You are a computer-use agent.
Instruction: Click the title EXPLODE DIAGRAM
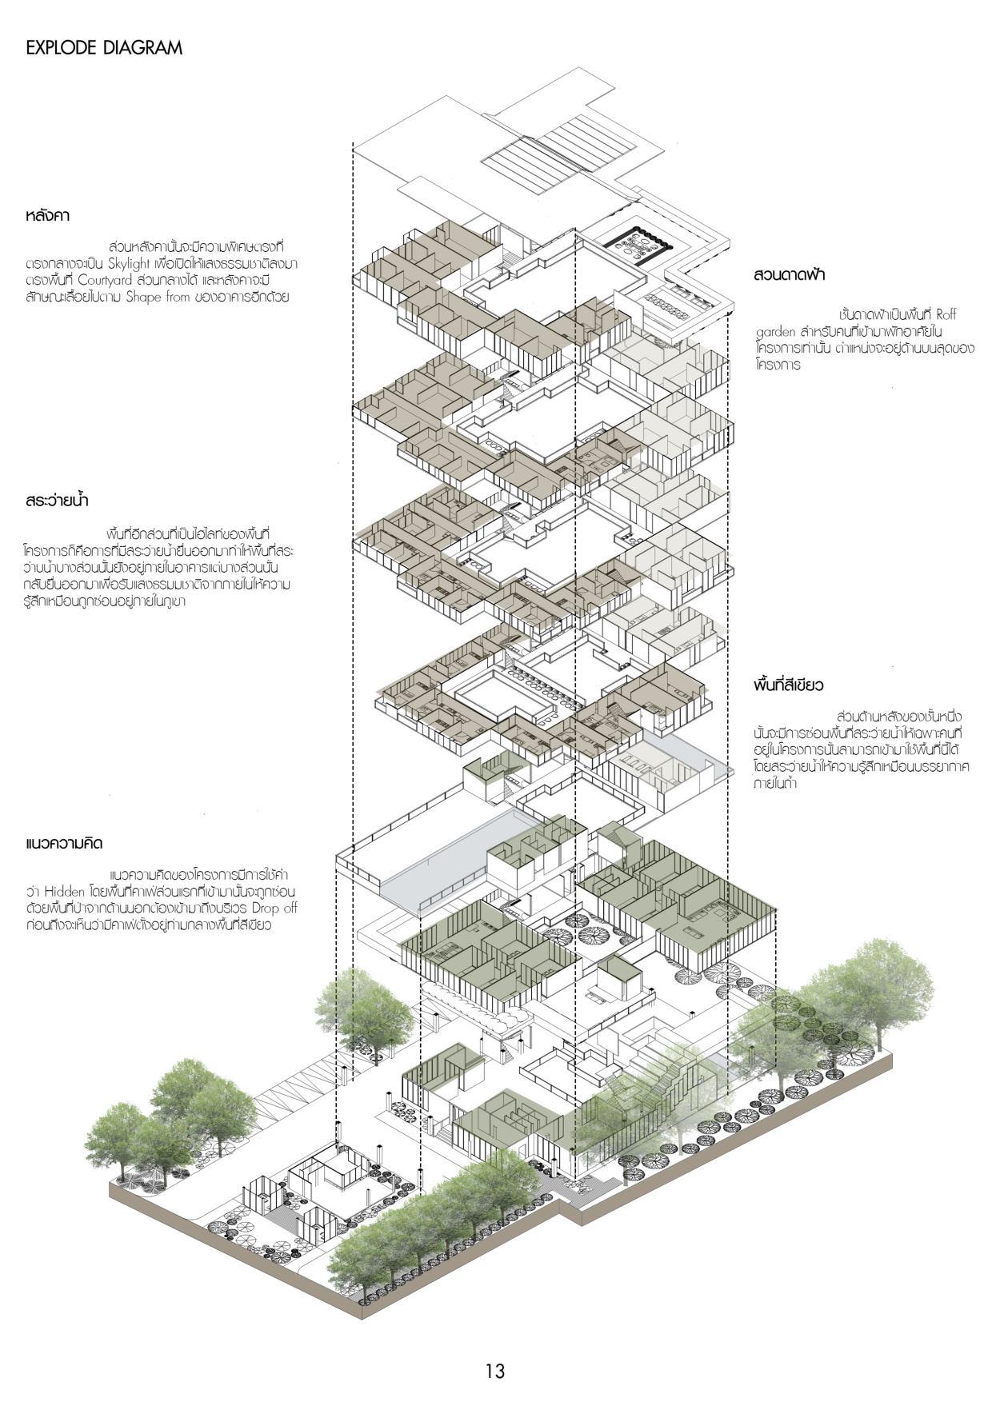point(104,48)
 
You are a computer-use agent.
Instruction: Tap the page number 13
point(495,1370)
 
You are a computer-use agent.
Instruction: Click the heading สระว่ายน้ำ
point(56,501)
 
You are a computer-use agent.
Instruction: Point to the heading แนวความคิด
point(65,844)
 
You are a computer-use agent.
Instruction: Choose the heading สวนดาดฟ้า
point(789,274)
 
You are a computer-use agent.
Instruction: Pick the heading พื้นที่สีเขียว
point(789,685)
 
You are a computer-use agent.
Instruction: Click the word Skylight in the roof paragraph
point(134,263)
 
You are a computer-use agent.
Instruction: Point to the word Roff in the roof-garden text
point(946,315)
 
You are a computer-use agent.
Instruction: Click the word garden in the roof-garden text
point(774,332)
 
